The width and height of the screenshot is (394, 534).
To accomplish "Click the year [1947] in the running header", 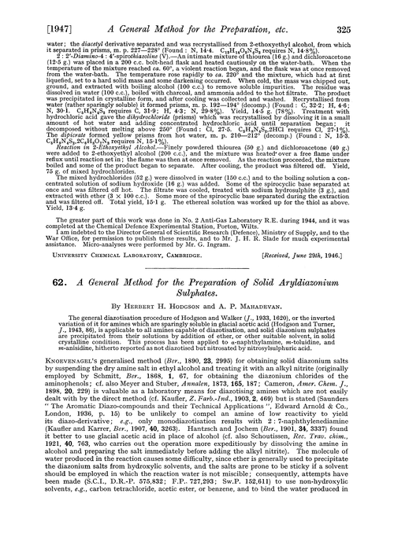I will [x=30, y=10].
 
